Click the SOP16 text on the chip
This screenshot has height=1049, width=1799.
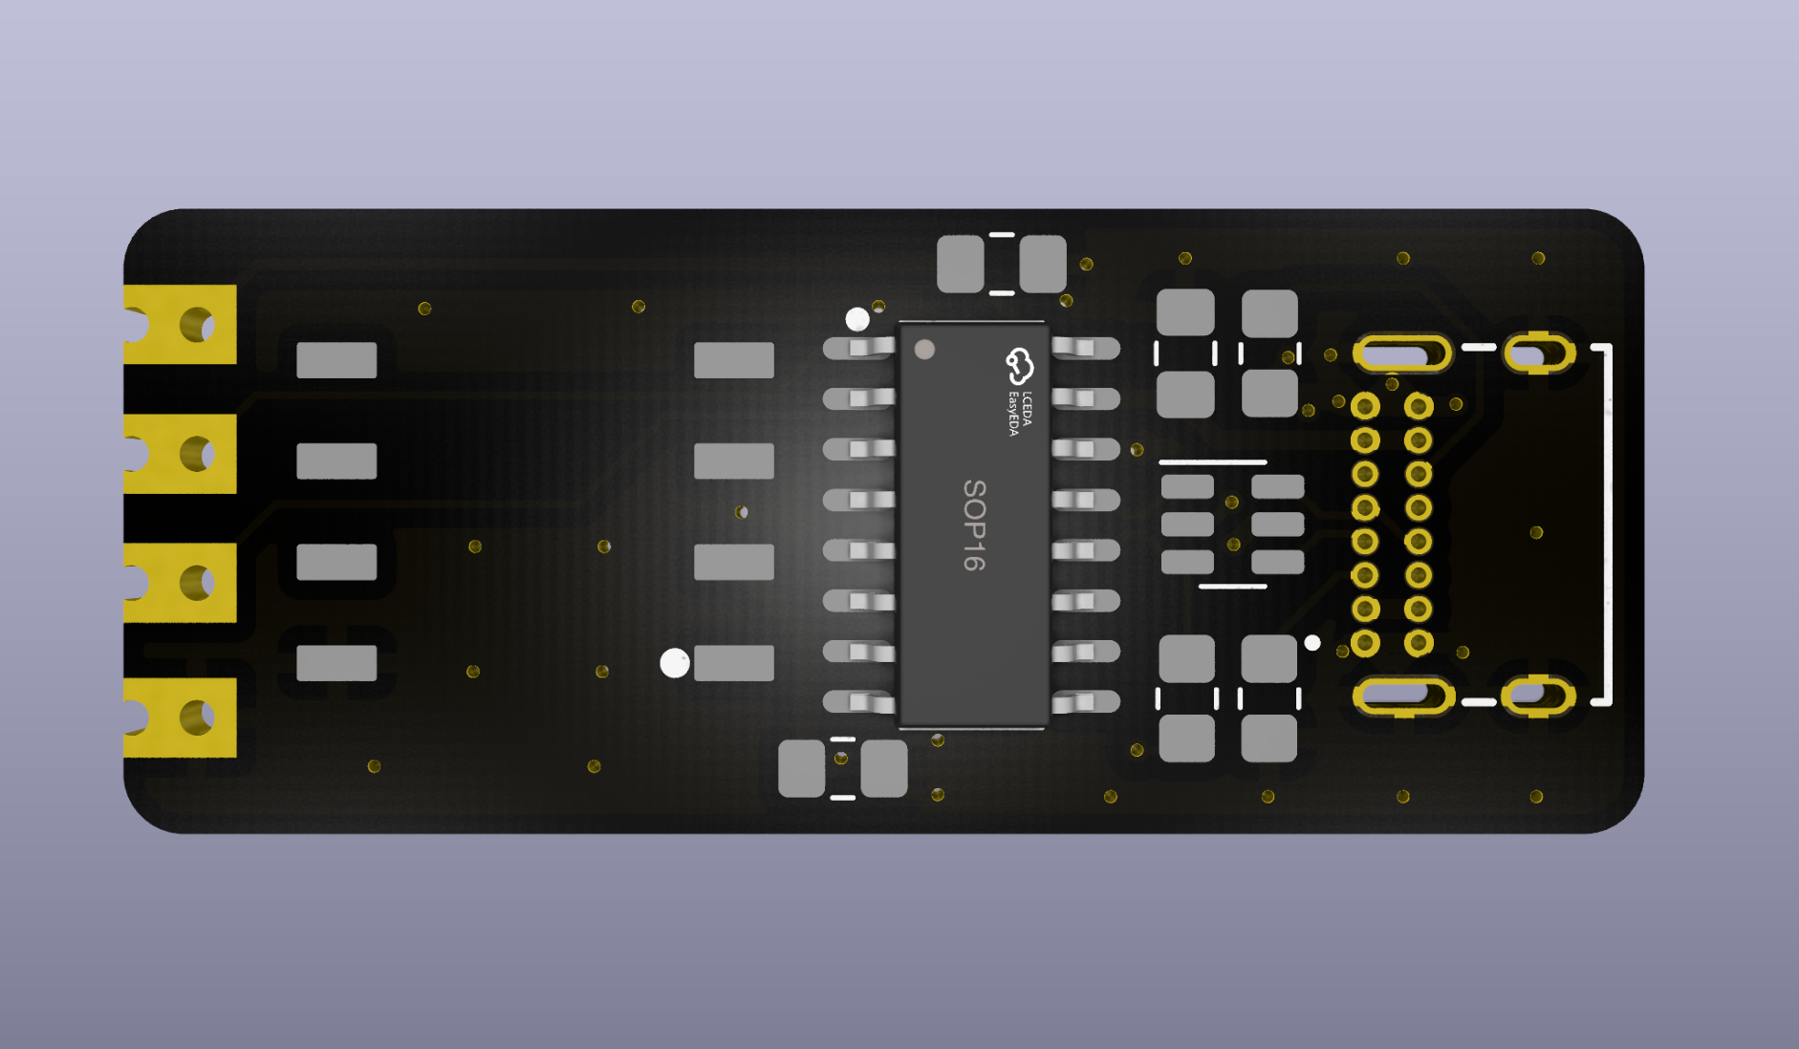coord(974,524)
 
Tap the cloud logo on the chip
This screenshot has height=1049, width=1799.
coord(1020,366)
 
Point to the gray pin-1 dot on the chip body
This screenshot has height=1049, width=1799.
coord(924,350)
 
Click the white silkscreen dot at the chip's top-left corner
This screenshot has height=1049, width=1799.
coord(857,319)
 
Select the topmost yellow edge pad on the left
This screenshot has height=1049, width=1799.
coord(180,324)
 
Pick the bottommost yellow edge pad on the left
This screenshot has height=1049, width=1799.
coord(180,717)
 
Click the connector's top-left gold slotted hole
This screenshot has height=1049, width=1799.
coord(1402,354)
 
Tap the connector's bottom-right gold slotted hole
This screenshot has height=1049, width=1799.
coord(1538,696)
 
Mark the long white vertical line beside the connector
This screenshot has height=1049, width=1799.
coord(1608,524)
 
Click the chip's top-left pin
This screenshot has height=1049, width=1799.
coord(859,348)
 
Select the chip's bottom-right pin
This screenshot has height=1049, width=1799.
coord(1085,702)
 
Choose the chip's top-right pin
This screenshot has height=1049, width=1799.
coord(1085,348)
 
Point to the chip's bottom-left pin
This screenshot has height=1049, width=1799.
coord(859,702)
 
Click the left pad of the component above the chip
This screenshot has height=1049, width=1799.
coord(961,264)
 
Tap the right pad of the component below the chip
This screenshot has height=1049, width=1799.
coord(884,768)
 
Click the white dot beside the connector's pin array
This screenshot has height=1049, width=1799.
coord(1312,643)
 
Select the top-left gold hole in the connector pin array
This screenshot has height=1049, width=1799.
coord(1365,407)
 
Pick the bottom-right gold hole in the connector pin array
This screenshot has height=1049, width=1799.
coord(1419,643)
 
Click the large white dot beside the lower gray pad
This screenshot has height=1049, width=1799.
coord(675,663)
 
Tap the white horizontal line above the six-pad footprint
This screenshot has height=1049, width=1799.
coord(1213,462)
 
